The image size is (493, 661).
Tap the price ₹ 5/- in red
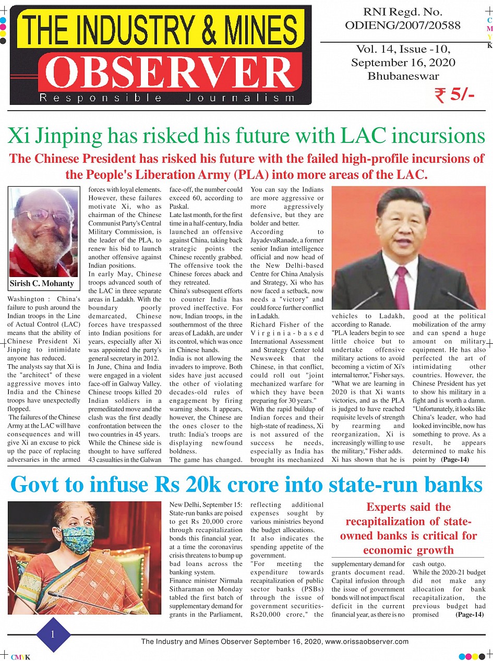[x=453, y=96]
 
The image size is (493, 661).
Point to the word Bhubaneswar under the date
[x=402, y=76]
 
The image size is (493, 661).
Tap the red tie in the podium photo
[x=402, y=287]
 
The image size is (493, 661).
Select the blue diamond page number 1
[x=53, y=634]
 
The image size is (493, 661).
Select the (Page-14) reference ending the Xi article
[x=455, y=460]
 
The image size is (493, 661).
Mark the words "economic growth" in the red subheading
[x=408, y=550]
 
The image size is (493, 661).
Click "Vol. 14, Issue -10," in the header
[x=403, y=50]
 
